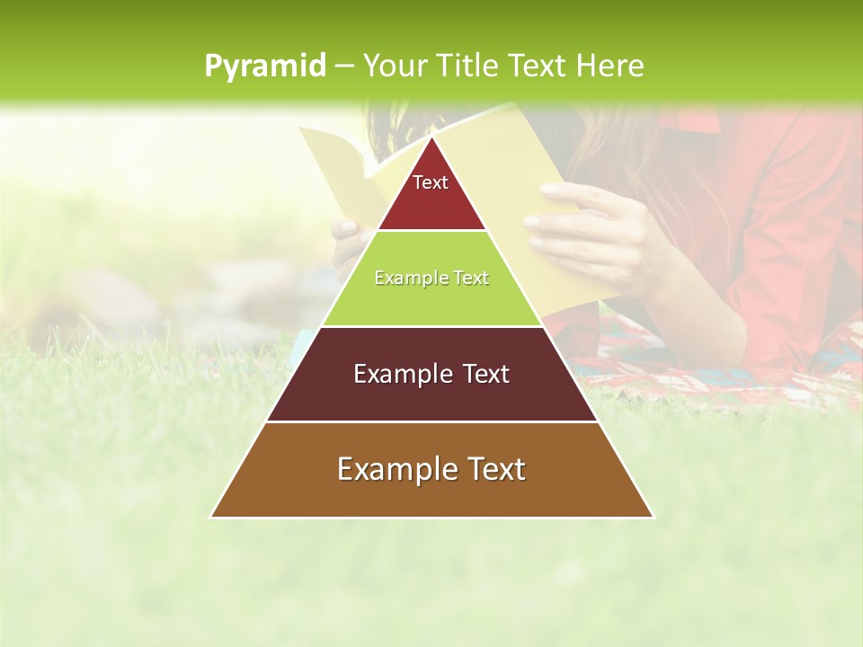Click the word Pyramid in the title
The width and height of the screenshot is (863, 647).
point(265,66)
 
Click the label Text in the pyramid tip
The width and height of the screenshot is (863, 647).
point(431,182)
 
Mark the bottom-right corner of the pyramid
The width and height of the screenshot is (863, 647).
point(653,517)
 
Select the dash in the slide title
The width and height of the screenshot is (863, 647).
point(344,66)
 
